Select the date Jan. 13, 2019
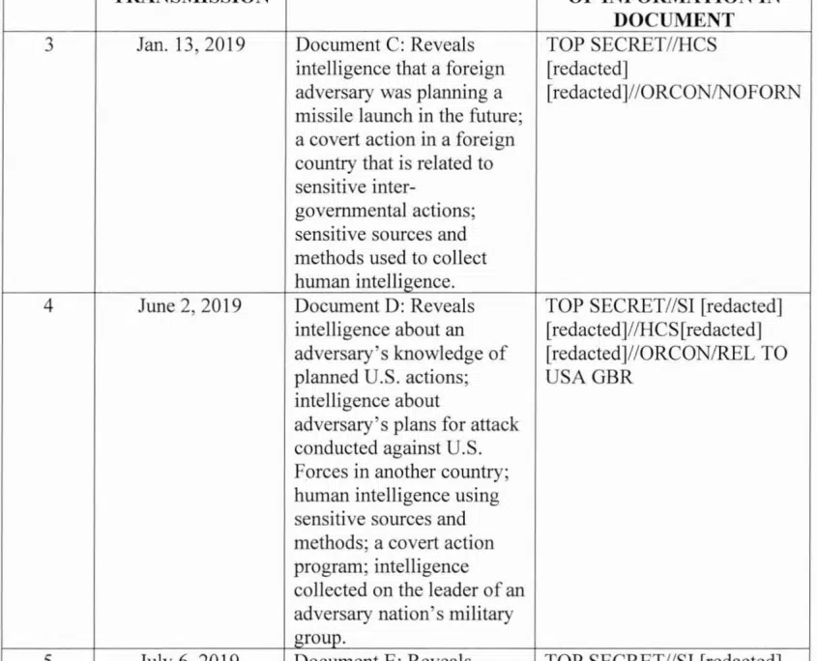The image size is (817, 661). pyautogui.click(x=190, y=44)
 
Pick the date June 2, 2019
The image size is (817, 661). pyautogui.click(x=190, y=307)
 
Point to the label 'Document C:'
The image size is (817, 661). pyautogui.click(x=342, y=44)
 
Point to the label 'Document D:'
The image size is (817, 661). pyautogui.click(x=342, y=307)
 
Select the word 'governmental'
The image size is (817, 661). pyautogui.click(x=346, y=211)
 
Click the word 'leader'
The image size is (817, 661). pyautogui.click(x=450, y=590)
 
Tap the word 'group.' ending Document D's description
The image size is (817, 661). pyautogui.click(x=316, y=638)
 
